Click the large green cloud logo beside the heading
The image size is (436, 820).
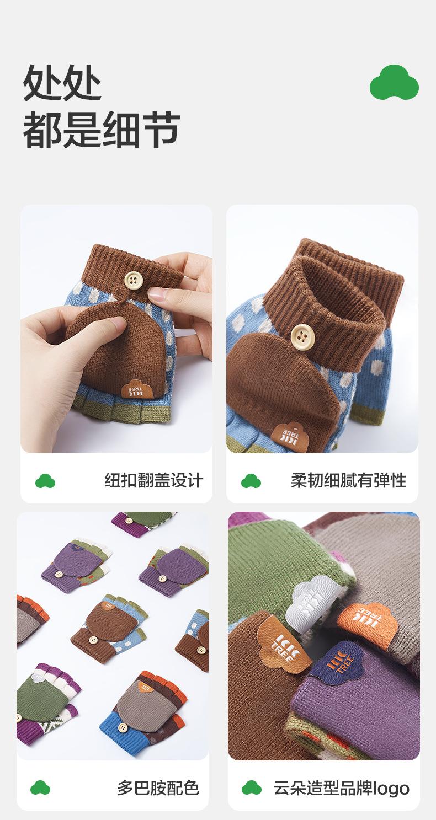tap(394, 82)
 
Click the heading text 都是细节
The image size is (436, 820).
tap(102, 130)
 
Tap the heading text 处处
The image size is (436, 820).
tap(62, 82)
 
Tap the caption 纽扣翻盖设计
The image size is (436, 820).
tap(154, 480)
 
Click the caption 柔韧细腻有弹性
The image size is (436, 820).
tap(349, 480)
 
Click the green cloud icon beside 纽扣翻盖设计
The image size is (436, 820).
tap(45, 481)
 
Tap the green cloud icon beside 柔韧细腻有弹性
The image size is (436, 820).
tap(251, 481)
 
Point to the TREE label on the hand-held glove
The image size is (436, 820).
tap(137, 389)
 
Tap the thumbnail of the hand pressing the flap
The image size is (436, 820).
tap(116, 329)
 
